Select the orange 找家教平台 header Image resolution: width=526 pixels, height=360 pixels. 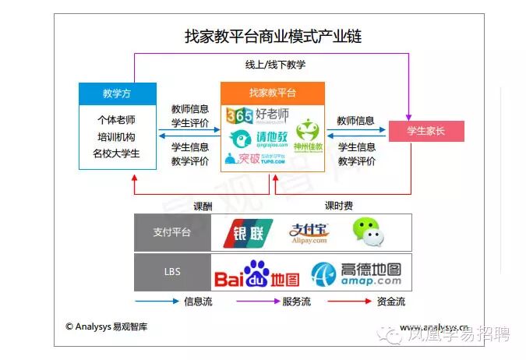tap(273, 93)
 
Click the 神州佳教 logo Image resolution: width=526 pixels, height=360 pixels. tap(307, 136)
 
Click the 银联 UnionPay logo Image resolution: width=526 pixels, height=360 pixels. tap(248, 232)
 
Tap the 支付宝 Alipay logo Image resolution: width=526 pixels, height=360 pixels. tap(309, 232)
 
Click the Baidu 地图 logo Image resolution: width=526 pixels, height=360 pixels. tap(256, 274)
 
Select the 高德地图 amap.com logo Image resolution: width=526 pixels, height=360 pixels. tap(357, 274)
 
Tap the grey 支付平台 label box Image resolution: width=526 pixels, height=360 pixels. tap(172, 232)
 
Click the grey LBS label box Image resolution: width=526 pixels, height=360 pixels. tap(172, 272)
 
